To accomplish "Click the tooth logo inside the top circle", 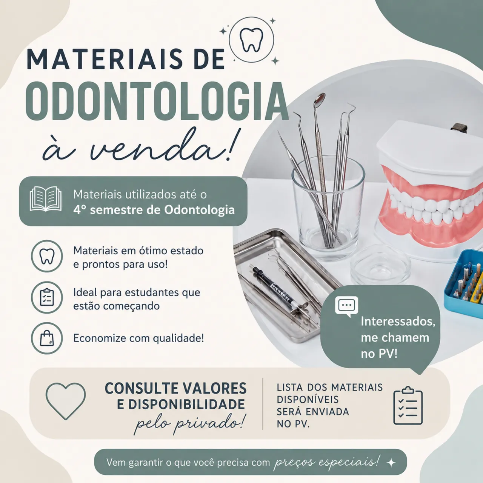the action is tap(251, 40).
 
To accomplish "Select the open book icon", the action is tap(45, 199).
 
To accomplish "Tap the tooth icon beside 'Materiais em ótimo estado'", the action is tap(47, 256).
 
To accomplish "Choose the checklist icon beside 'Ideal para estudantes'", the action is tap(47, 297).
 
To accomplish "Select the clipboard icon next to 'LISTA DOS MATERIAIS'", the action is tap(408, 406).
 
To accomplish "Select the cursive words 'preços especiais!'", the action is tap(326, 462).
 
